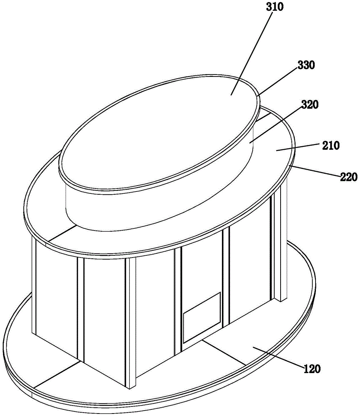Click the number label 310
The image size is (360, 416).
click(x=275, y=7)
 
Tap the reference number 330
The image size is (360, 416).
click(x=306, y=65)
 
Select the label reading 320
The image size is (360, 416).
click(x=310, y=105)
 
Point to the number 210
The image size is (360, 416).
click(x=331, y=145)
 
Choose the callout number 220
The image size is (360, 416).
click(x=349, y=177)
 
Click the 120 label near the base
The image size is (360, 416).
click(x=312, y=369)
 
